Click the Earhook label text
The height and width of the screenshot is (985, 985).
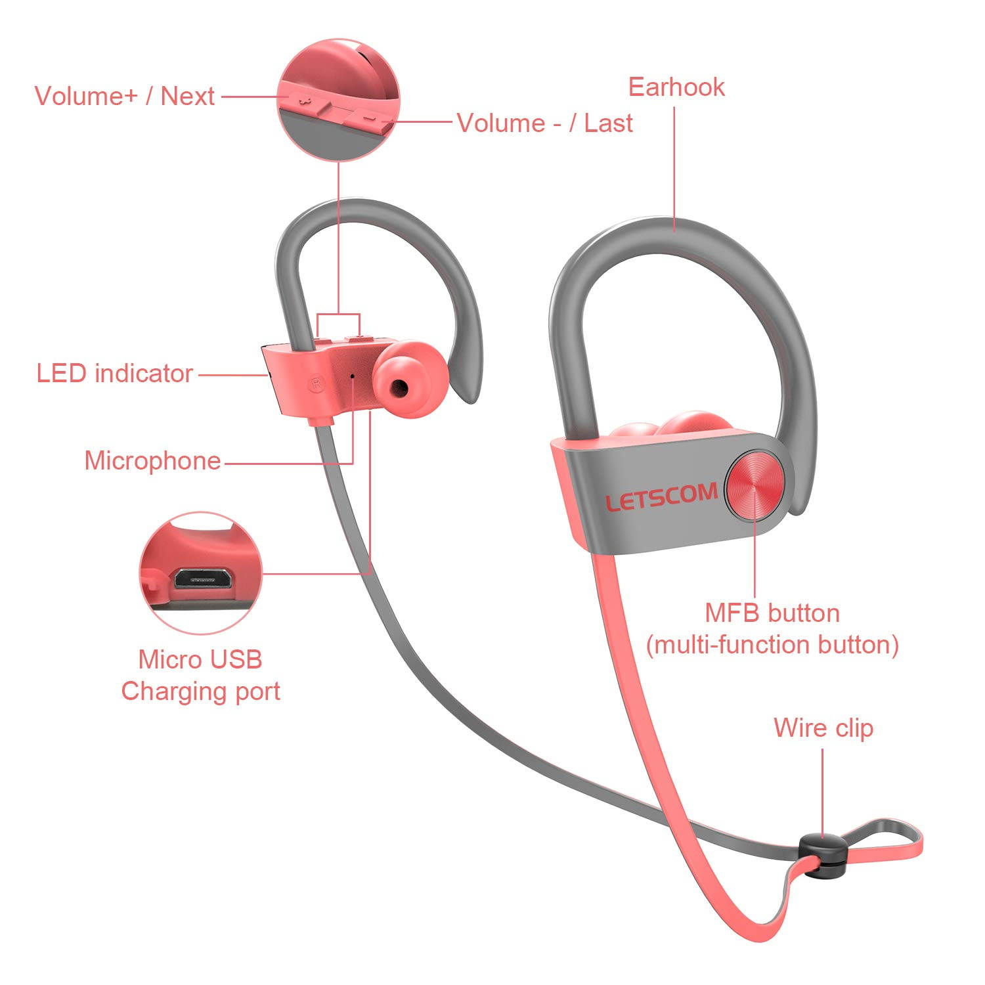[x=676, y=87]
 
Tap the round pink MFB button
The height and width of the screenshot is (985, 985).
[x=755, y=486]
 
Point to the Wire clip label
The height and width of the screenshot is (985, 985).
[x=823, y=728]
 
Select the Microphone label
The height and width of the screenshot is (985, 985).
[x=152, y=461]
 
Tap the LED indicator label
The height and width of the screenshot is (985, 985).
[x=114, y=374]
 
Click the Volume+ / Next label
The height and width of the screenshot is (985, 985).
[x=125, y=97]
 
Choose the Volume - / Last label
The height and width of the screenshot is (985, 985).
[x=544, y=123]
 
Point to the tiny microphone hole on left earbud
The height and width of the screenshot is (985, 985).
[x=353, y=376]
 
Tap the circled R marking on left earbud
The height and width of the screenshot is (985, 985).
[x=317, y=382]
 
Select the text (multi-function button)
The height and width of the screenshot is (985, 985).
[x=772, y=646]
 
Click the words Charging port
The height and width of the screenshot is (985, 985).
[x=200, y=691]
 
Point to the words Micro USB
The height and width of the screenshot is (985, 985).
[x=200, y=659]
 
